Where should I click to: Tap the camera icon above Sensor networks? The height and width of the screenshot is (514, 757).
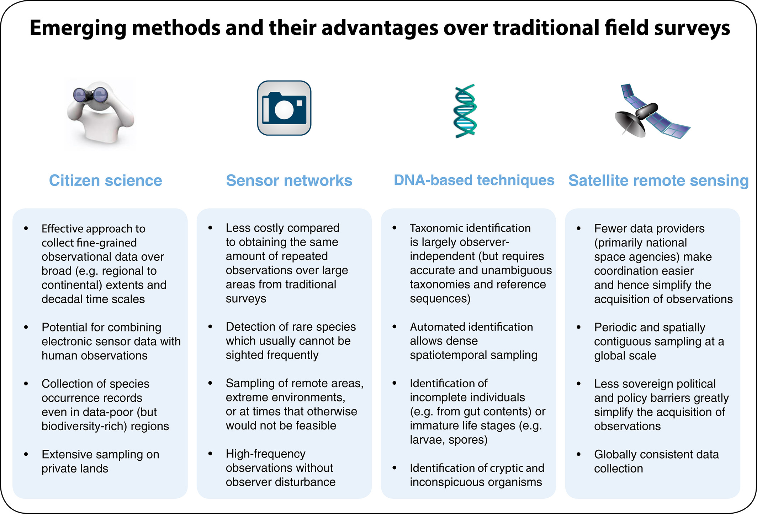coord(284,108)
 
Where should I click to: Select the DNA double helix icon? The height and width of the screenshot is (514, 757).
coord(465,111)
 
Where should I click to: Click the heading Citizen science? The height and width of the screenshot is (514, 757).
coord(105,180)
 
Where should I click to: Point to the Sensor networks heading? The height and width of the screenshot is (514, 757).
coord(289,180)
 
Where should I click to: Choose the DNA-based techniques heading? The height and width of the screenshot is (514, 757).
coord(474,180)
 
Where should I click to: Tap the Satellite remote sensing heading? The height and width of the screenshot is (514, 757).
coord(658,180)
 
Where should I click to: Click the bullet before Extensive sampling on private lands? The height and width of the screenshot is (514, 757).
coord(26,454)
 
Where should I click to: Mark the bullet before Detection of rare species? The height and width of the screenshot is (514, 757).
coord(210,327)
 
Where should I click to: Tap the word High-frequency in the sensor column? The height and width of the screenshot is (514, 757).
coord(265,454)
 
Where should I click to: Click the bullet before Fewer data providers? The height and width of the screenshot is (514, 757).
coord(579,228)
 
